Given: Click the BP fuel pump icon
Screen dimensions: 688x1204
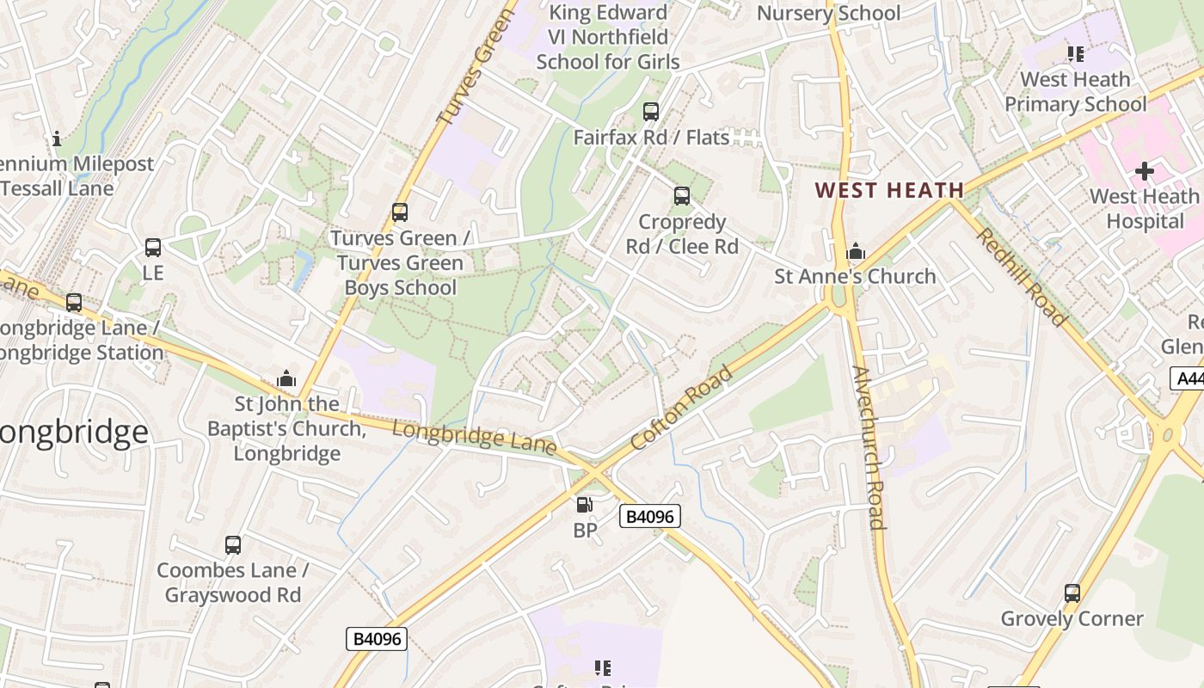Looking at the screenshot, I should [x=585, y=506].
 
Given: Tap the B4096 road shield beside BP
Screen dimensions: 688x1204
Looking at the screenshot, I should [x=650, y=516].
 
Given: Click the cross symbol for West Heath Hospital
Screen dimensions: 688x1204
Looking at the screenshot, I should [x=1144, y=171].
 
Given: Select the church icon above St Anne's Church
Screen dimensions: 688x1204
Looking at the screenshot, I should [x=855, y=252].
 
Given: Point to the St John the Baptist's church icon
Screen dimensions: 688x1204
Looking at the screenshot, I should [x=286, y=378].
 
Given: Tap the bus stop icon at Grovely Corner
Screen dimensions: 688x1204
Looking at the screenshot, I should [x=1072, y=593].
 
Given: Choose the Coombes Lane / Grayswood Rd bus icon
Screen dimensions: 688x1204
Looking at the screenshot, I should [x=233, y=545].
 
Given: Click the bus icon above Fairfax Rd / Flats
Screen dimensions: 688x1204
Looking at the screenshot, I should [x=651, y=112].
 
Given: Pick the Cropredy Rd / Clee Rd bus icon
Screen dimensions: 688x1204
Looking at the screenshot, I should [x=682, y=197].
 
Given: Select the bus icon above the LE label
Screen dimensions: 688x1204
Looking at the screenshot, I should [x=153, y=249].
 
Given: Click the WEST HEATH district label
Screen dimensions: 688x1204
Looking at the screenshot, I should [x=888, y=190].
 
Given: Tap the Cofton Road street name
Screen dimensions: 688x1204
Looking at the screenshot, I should [x=681, y=408].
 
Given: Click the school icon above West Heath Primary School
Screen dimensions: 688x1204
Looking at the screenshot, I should [x=1075, y=54].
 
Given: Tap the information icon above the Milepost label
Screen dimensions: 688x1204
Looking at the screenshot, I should [x=57, y=138].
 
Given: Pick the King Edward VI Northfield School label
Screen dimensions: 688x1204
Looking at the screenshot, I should [x=608, y=37].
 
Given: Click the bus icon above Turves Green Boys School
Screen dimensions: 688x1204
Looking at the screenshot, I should [x=400, y=212].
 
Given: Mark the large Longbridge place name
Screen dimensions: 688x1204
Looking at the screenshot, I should [x=73, y=432].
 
